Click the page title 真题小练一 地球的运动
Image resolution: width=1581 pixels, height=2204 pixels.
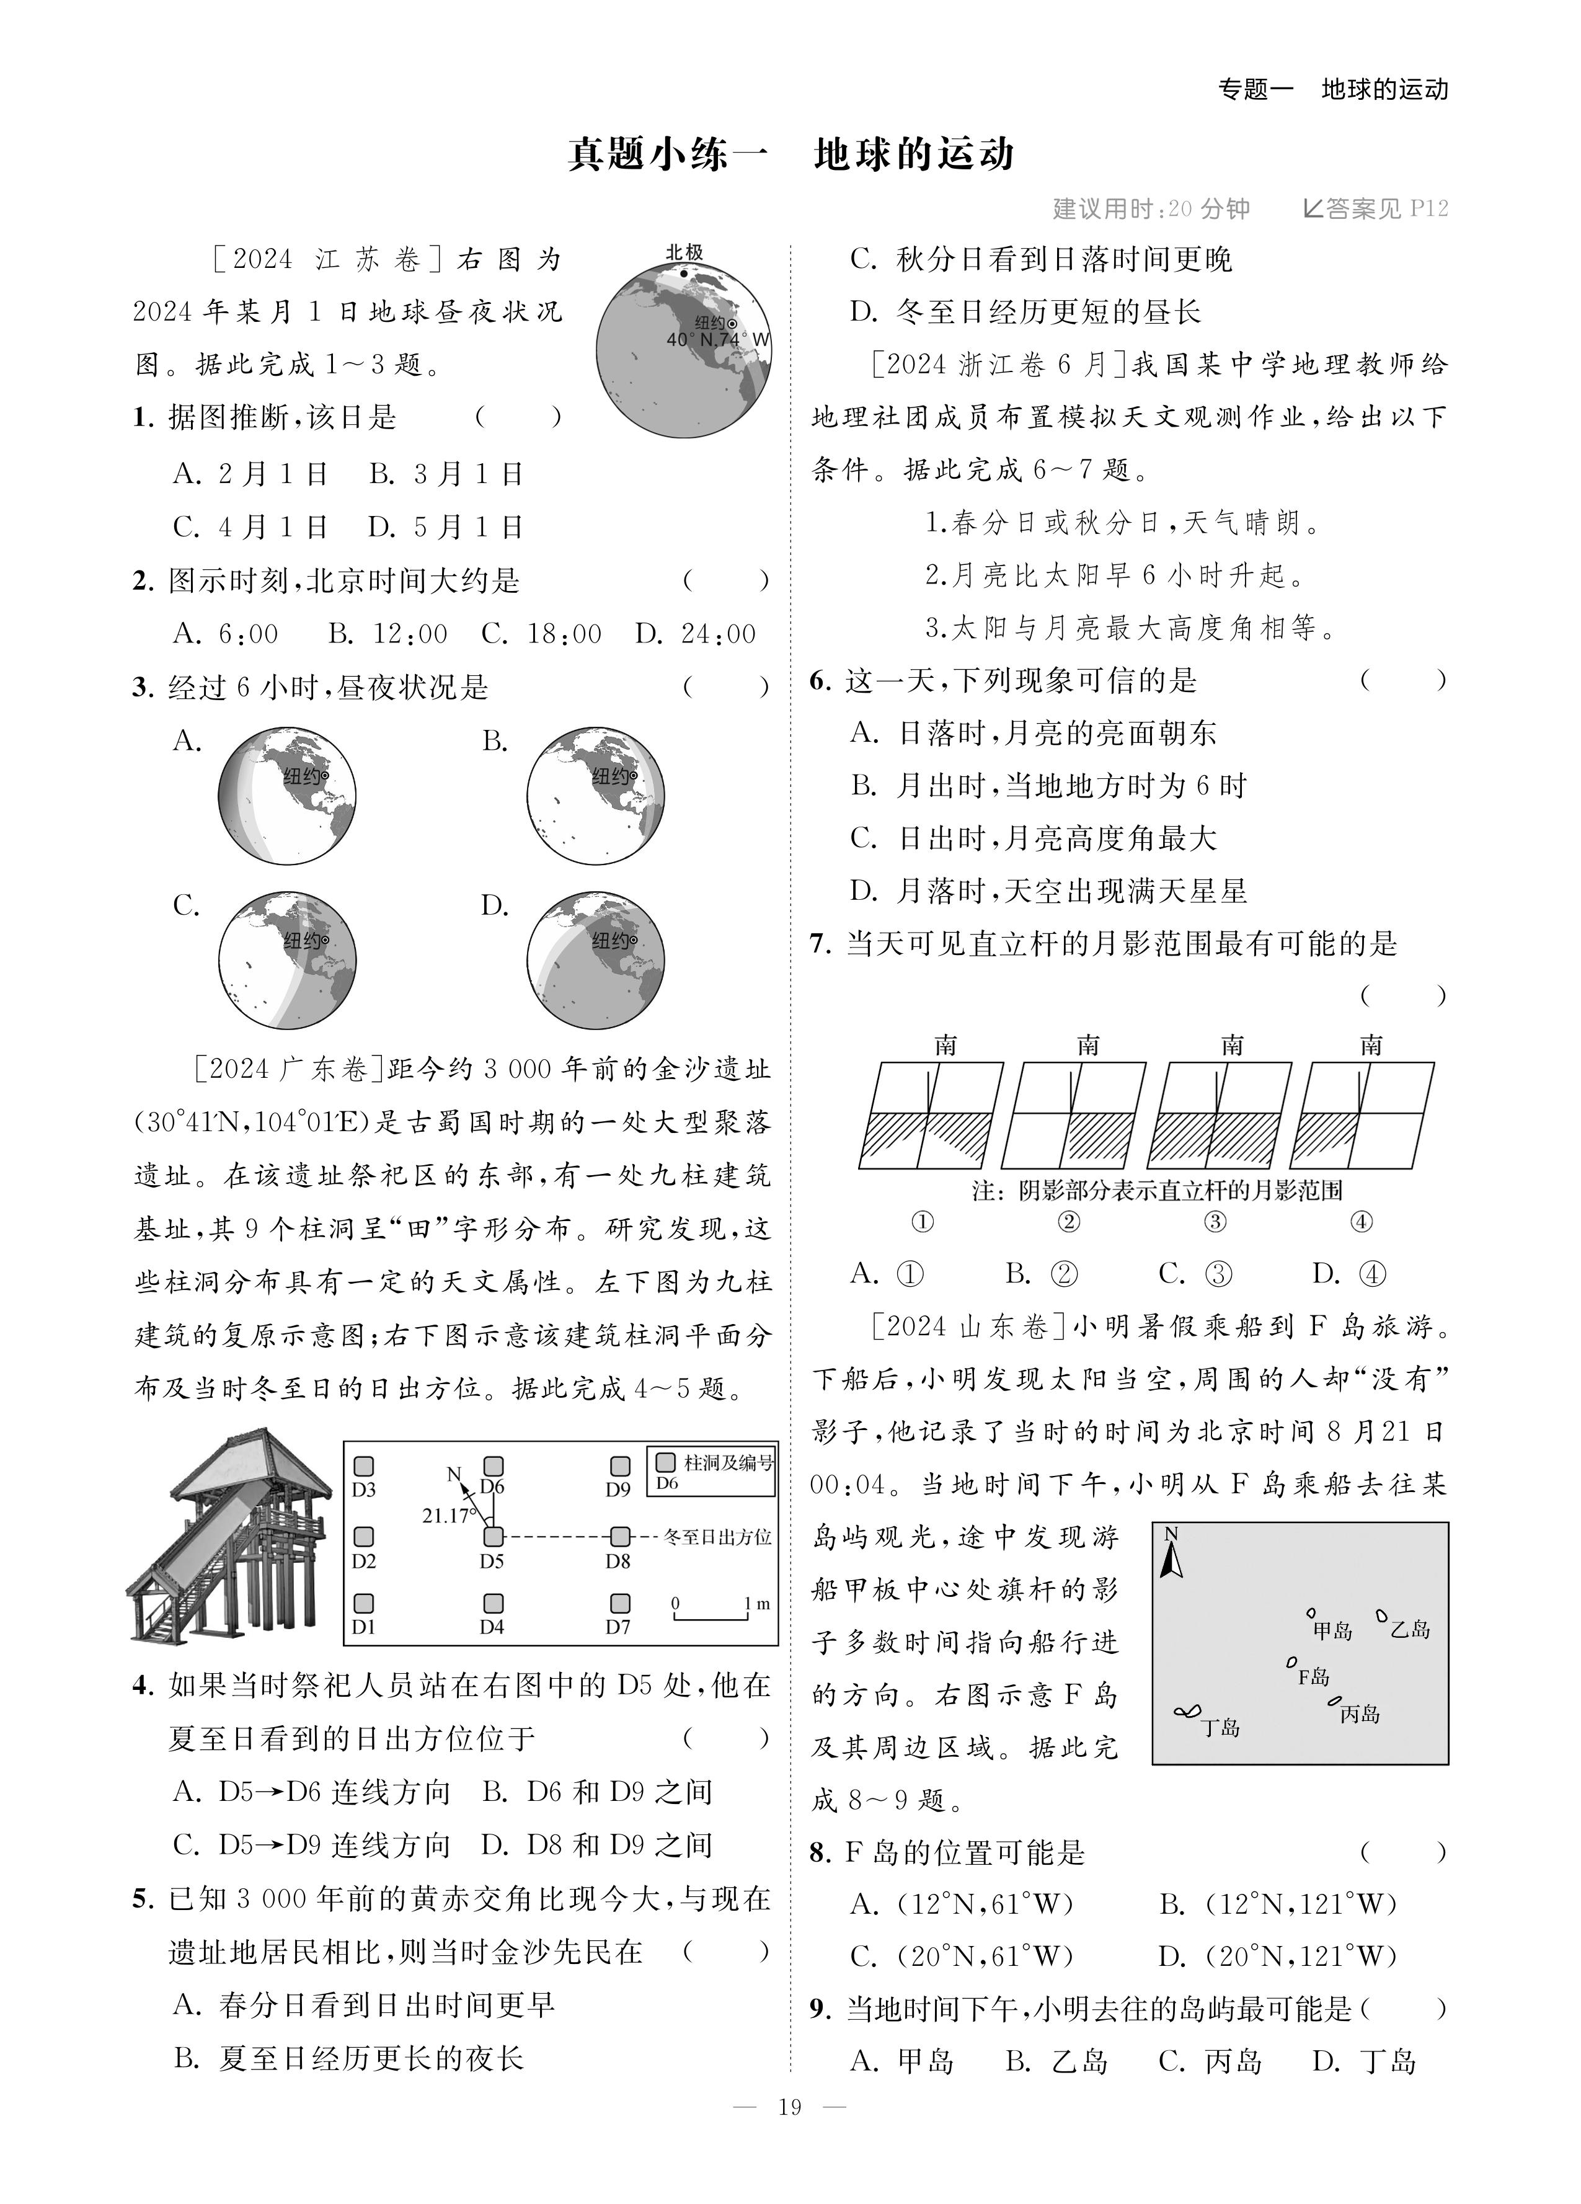pos(790,154)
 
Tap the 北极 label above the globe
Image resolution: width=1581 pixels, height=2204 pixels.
pos(683,252)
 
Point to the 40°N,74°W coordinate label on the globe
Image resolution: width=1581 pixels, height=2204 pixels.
pos(717,340)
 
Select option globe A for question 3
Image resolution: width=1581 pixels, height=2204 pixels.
pos(286,795)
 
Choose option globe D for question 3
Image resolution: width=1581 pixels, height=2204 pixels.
pos(596,960)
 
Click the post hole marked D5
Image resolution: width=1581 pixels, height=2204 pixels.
pos(494,1536)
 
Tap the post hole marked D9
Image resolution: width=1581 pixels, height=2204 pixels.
pos(619,1467)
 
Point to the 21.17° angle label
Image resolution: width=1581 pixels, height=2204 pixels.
pos(449,1515)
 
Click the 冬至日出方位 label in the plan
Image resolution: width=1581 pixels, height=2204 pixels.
pos(717,1536)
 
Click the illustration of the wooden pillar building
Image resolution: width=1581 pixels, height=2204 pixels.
pos(228,1536)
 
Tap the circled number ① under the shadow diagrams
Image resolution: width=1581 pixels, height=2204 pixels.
pos(922,1222)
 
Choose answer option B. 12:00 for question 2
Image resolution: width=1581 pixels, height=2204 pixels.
pos(387,634)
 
